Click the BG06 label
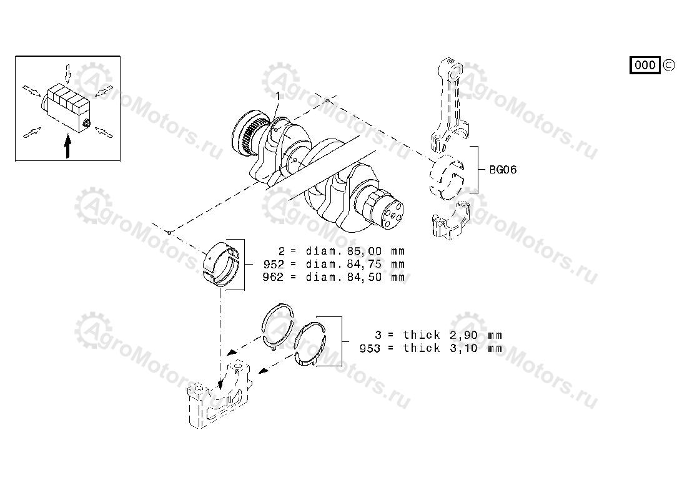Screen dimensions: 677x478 pyautogui.click(x=503, y=170)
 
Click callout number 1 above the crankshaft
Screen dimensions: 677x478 pyautogui.click(x=279, y=95)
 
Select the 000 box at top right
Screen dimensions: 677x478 pyautogui.click(x=645, y=65)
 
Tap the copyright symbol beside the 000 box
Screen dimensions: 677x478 pyautogui.click(x=668, y=65)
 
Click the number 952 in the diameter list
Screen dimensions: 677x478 pyautogui.click(x=274, y=264)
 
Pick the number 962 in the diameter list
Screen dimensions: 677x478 pyautogui.click(x=274, y=277)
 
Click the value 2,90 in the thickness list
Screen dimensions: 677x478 pyautogui.click(x=463, y=335)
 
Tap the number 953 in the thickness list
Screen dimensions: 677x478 pyautogui.click(x=370, y=348)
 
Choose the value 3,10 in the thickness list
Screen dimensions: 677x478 pyautogui.click(x=463, y=348)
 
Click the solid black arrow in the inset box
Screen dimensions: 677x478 pyautogui.click(x=67, y=146)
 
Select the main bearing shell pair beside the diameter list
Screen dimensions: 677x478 pyautogui.click(x=222, y=264)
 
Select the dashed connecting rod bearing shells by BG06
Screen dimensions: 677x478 pyautogui.click(x=447, y=177)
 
